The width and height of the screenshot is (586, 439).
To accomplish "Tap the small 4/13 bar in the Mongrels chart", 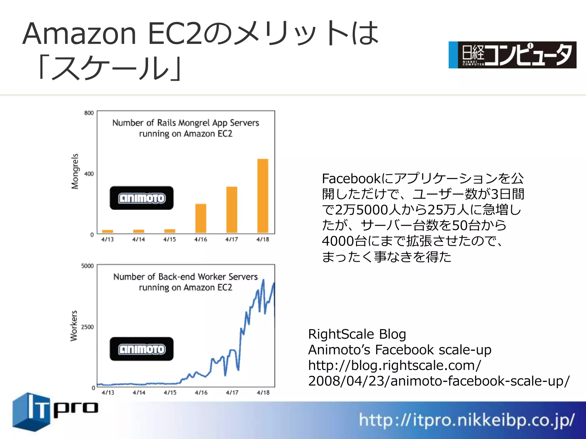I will click(108, 231).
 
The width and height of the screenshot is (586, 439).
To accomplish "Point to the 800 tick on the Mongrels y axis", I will click(89, 113).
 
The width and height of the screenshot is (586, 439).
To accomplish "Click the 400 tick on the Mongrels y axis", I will click(89, 174).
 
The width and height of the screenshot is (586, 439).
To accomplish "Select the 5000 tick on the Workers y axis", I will click(88, 266).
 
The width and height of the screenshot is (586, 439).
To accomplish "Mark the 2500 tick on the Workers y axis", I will click(88, 327).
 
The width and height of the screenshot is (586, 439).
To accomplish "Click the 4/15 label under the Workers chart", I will click(170, 393).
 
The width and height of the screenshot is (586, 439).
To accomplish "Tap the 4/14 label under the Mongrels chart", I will click(138, 239).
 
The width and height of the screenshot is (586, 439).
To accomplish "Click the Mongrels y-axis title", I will click(75, 171).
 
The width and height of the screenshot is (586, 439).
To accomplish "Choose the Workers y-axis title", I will click(74, 326).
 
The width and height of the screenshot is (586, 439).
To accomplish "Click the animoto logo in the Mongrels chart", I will click(142, 198).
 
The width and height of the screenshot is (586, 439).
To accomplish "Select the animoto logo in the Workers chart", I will click(142, 349).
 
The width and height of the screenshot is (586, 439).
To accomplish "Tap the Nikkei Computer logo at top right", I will click(512, 55).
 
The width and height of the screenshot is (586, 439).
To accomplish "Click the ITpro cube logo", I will click(31, 412).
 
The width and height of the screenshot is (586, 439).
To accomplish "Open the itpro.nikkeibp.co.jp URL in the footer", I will click(466, 420).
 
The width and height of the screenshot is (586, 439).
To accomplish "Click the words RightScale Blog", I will click(357, 334).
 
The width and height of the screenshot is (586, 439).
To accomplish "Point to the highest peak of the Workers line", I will click(263, 280).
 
